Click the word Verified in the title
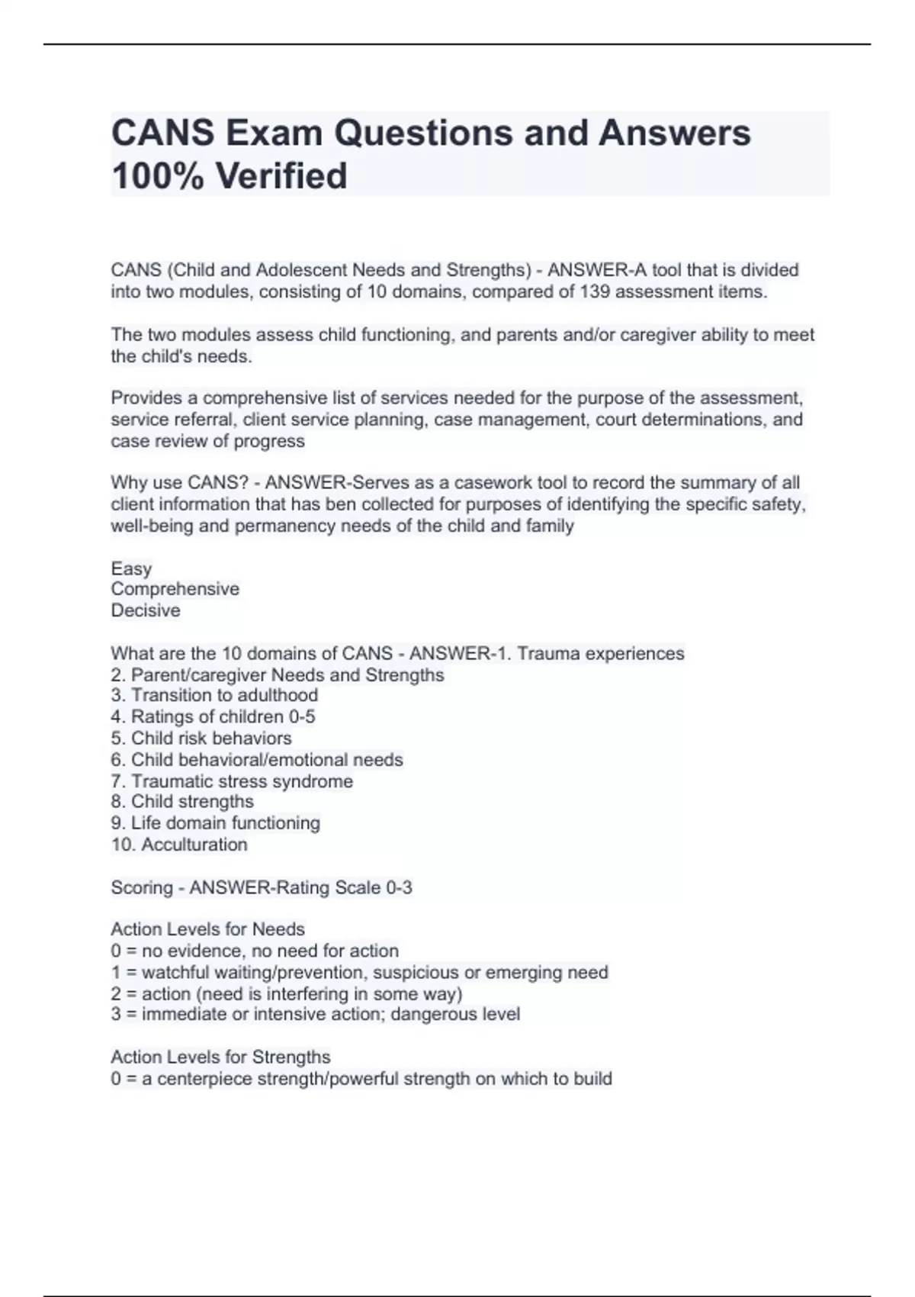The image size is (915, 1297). pyautogui.click(x=281, y=175)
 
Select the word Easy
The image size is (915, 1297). pyautogui.click(x=131, y=568)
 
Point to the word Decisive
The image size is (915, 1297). pyautogui.click(x=146, y=610)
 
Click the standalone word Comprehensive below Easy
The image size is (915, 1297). pyautogui.click(x=175, y=589)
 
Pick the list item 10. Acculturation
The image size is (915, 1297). pyautogui.click(x=179, y=845)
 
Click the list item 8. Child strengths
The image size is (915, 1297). pyautogui.click(x=182, y=801)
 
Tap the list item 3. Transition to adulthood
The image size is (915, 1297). pyautogui.click(x=214, y=695)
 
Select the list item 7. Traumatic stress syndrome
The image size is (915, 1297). pyautogui.click(x=232, y=781)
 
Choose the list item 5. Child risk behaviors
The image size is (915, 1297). pyautogui.click(x=201, y=738)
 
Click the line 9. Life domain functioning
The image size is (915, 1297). pyautogui.click(x=215, y=822)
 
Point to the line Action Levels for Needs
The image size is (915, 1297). pyautogui.click(x=207, y=929)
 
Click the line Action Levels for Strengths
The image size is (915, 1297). pyautogui.click(x=220, y=1057)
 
